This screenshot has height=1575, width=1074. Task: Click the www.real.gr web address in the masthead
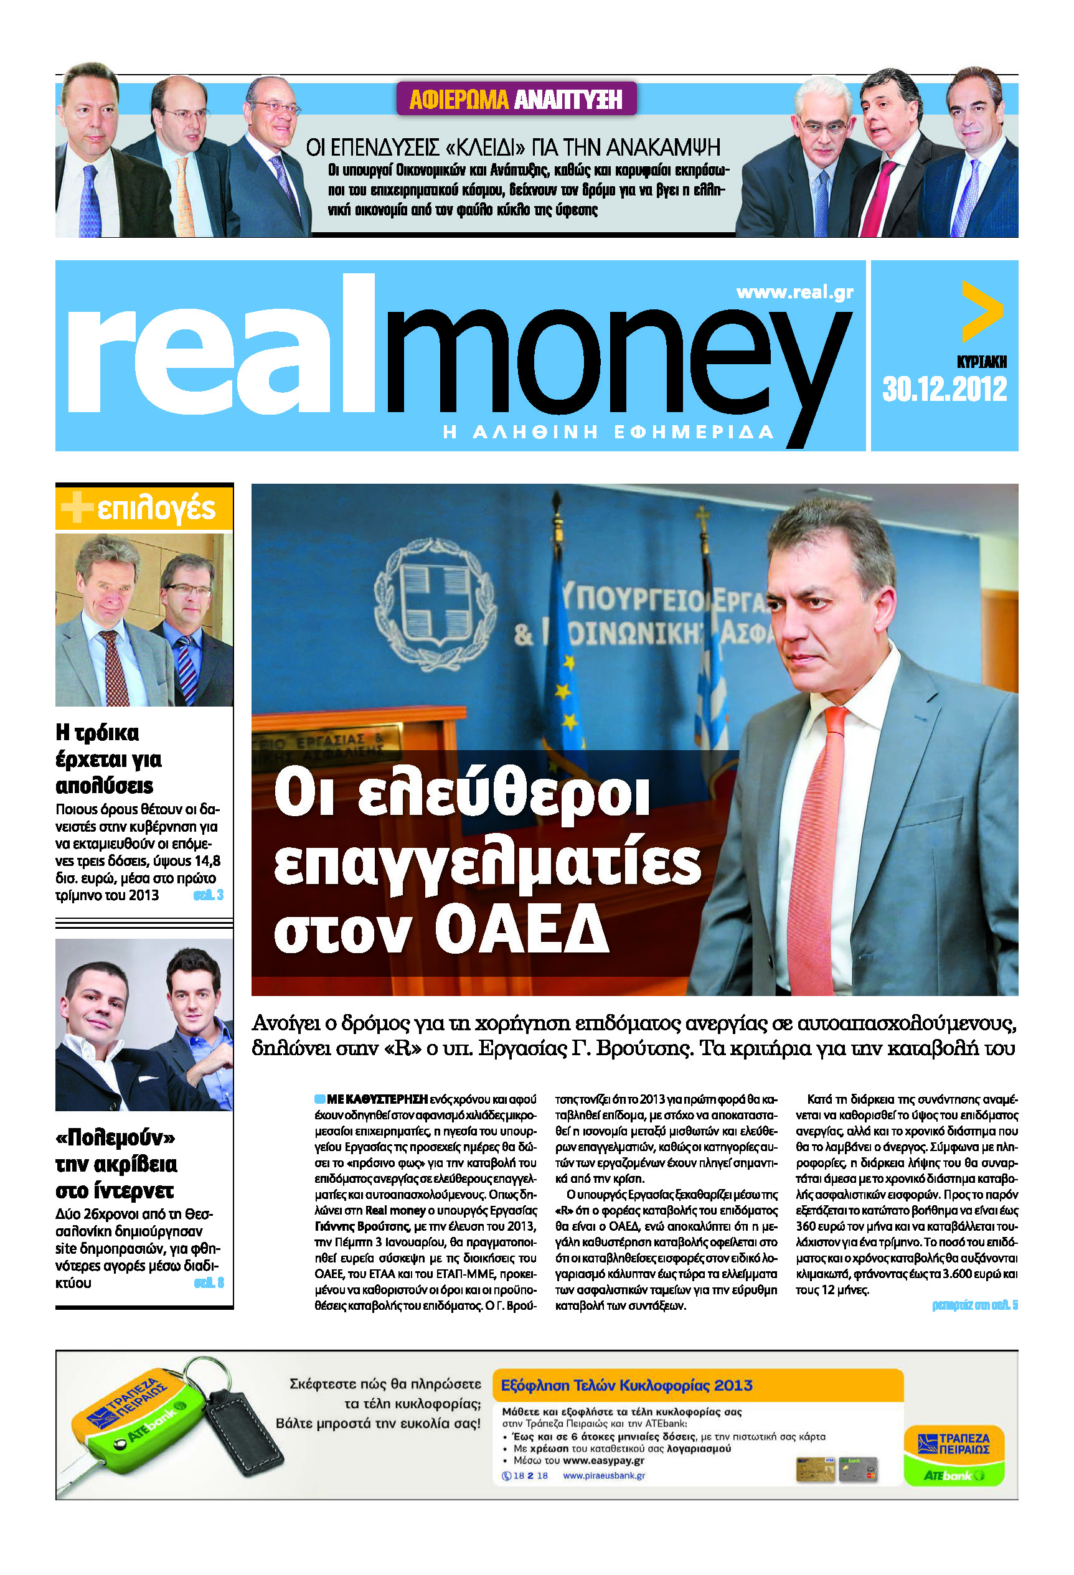pyautogui.click(x=794, y=292)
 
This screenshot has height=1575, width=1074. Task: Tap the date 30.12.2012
pyautogui.click(x=944, y=390)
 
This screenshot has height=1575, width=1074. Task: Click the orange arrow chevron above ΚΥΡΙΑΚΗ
pyautogui.click(x=981, y=312)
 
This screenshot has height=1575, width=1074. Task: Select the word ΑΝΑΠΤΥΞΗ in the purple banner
pyautogui.click(x=567, y=100)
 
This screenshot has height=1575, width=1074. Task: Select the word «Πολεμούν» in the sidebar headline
pyautogui.click(x=115, y=1137)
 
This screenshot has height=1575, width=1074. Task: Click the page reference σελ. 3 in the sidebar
pyautogui.click(x=209, y=895)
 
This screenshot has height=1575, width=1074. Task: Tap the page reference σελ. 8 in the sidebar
pyautogui.click(x=209, y=1283)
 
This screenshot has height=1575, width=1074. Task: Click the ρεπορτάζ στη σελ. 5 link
pyautogui.click(x=974, y=1305)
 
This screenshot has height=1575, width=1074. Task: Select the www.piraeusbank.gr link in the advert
pyautogui.click(x=604, y=1475)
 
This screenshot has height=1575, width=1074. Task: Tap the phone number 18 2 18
pyautogui.click(x=530, y=1475)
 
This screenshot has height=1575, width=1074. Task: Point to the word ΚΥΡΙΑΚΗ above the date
pyautogui.click(x=981, y=362)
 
